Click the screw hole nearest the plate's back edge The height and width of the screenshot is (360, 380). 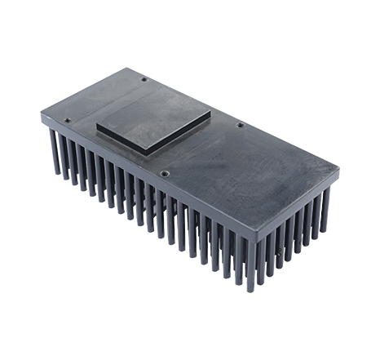[144, 79]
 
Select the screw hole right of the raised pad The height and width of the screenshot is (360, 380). [239, 125]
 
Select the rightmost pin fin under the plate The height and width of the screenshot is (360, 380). [325, 212]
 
